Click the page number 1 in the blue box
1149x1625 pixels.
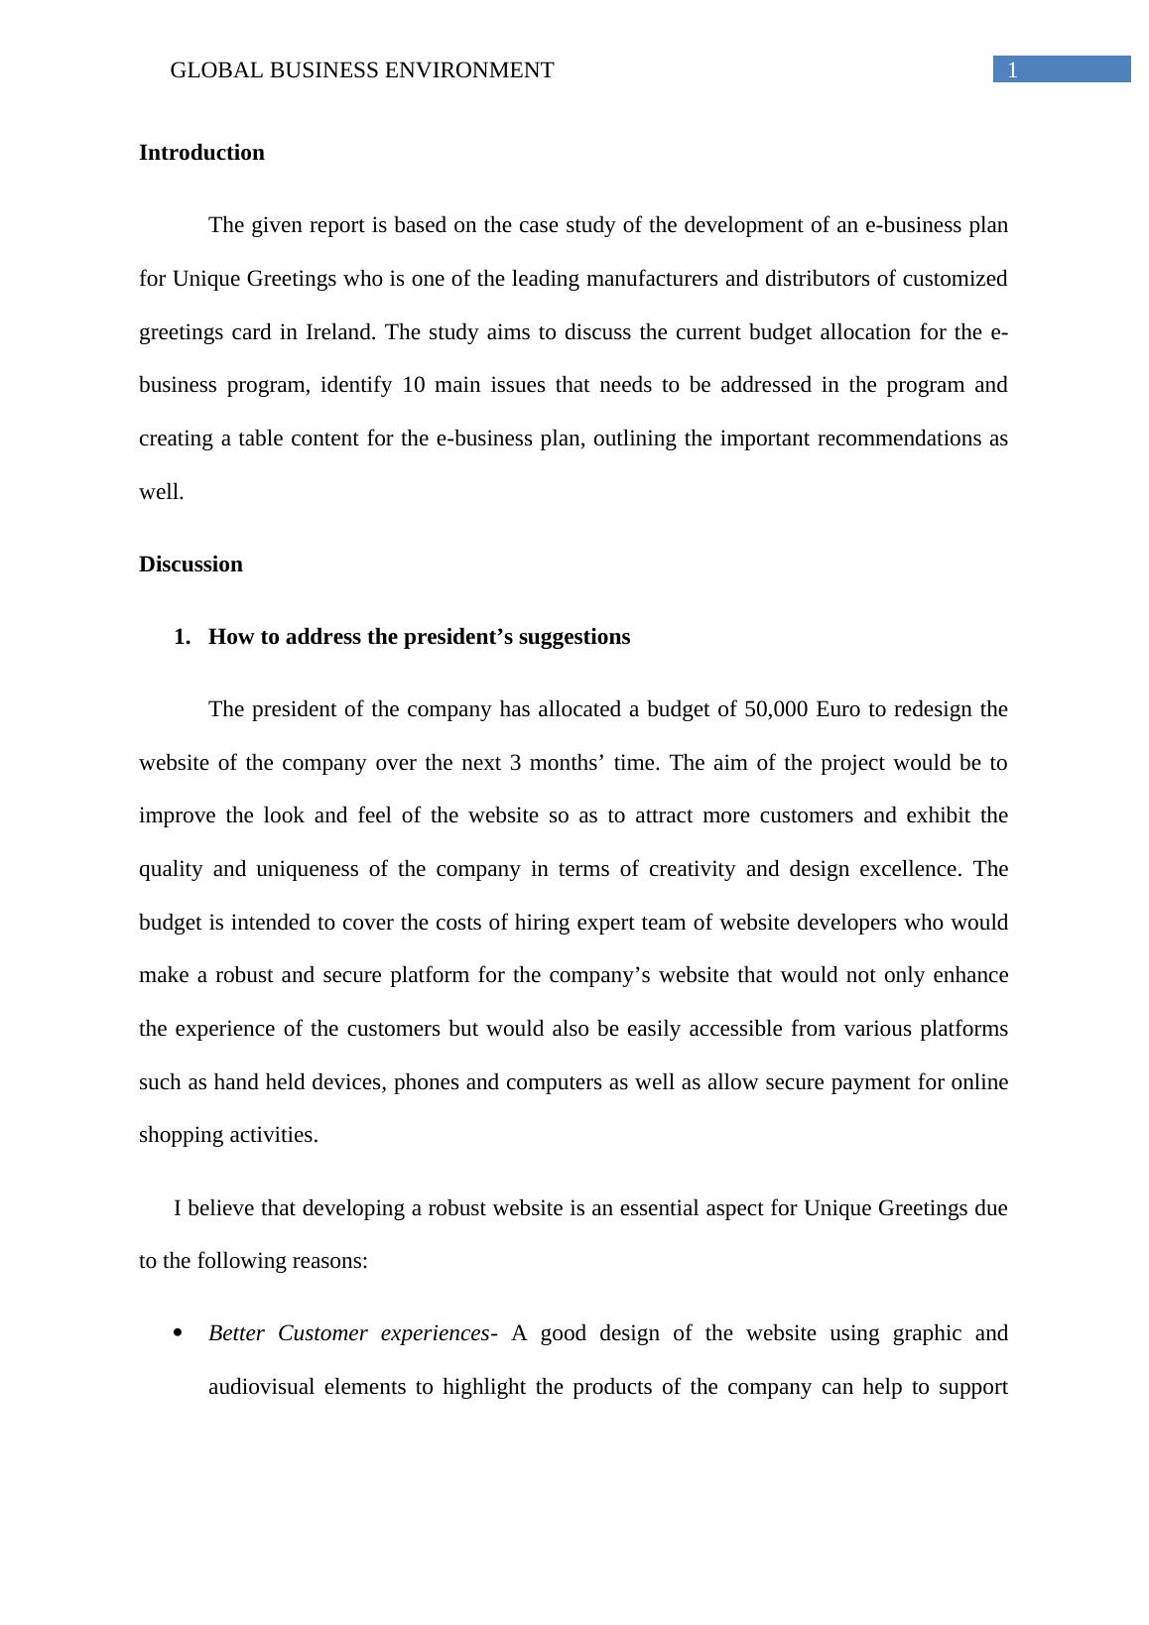tap(1012, 70)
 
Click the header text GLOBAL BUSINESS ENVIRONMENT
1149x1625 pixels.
tap(361, 70)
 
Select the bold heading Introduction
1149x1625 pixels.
tap(201, 153)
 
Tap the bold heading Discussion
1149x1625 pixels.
tap(191, 564)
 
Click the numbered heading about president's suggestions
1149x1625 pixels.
tap(419, 637)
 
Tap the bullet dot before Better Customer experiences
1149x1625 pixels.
tap(179, 1333)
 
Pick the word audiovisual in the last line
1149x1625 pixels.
tap(261, 1387)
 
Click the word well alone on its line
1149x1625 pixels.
tap(161, 492)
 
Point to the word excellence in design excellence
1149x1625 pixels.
tap(910, 869)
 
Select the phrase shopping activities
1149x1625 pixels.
tap(228, 1135)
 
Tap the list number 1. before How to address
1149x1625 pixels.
tap(182, 637)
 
